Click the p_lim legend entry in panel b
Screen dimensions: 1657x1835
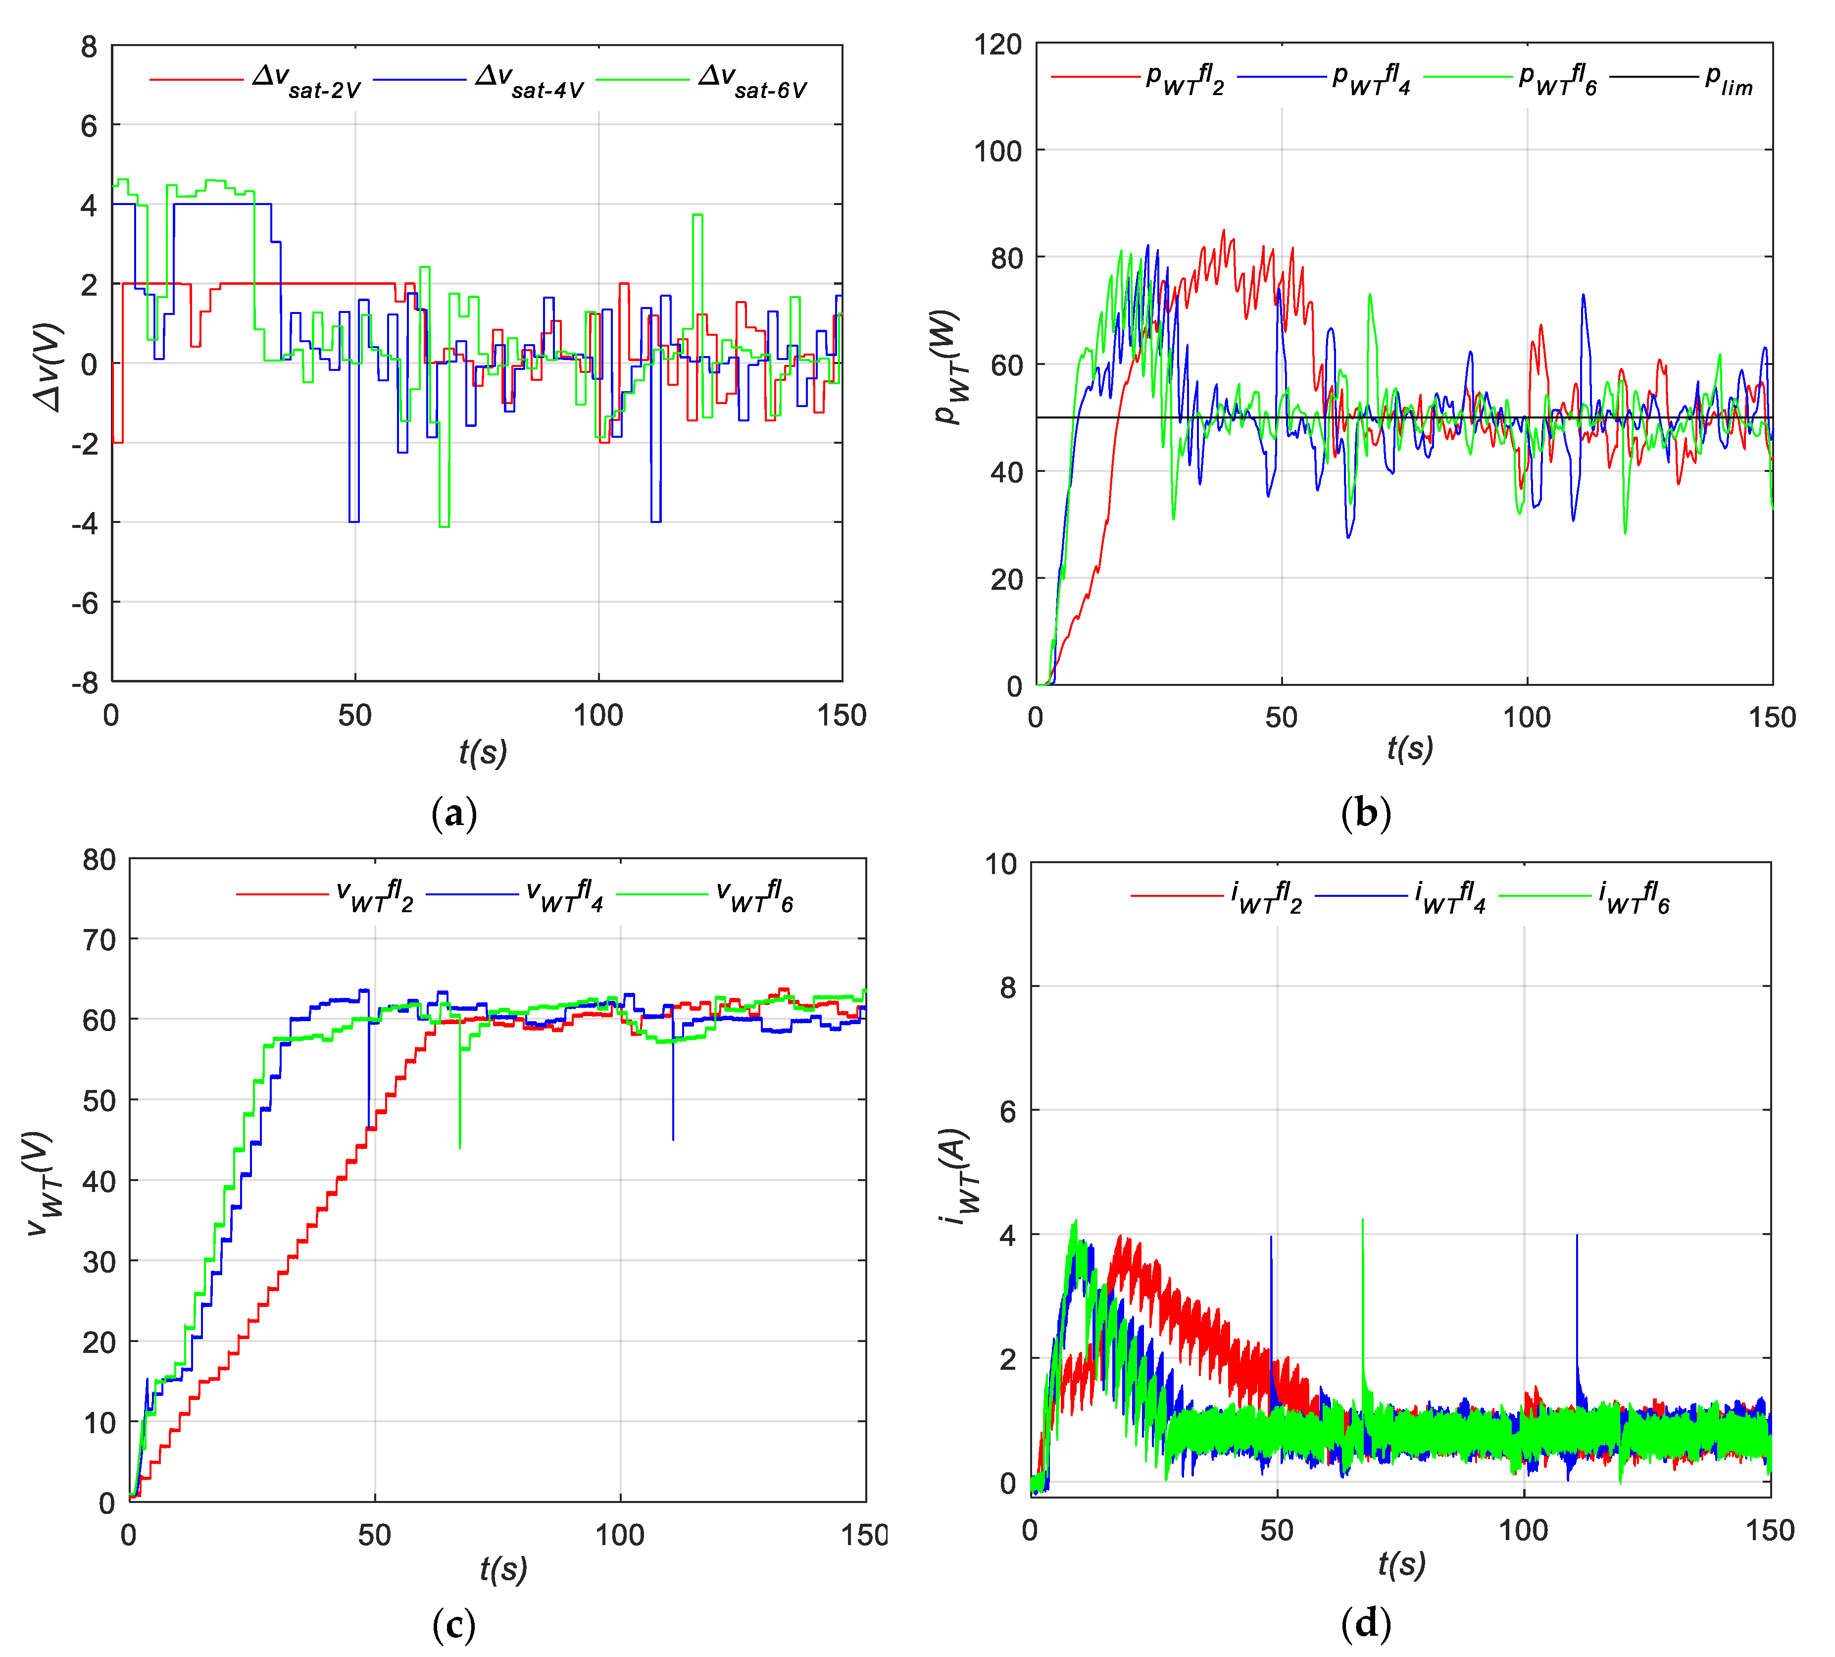tap(1728, 81)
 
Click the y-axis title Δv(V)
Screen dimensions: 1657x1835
tap(50, 367)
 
